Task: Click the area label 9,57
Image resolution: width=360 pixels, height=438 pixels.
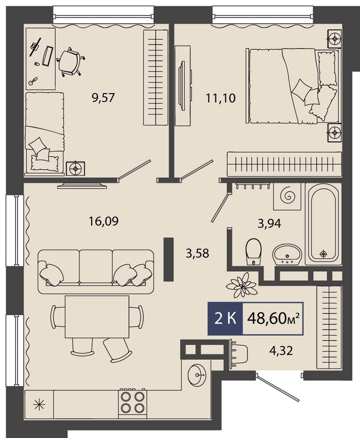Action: (103, 98)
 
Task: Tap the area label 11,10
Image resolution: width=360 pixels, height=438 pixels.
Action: (221, 98)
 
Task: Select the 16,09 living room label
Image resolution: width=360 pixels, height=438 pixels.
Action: (103, 221)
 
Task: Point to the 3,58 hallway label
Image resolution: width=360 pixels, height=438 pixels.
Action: (198, 253)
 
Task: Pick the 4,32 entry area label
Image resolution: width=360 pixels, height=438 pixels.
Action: (281, 350)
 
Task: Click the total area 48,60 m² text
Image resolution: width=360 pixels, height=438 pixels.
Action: (274, 318)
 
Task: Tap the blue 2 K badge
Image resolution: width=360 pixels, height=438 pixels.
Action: (225, 318)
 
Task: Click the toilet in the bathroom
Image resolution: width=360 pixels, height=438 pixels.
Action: (254, 251)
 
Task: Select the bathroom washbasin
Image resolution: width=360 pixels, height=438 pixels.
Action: (287, 254)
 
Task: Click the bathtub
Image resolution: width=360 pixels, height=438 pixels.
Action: (323, 224)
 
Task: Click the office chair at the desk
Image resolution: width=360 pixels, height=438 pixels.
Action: (70, 62)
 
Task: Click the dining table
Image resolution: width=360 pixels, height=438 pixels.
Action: (97, 317)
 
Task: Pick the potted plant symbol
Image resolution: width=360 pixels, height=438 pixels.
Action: (242, 285)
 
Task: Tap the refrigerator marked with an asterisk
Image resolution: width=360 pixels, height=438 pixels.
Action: (39, 404)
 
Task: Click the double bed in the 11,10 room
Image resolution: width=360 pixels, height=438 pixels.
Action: (292, 86)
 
